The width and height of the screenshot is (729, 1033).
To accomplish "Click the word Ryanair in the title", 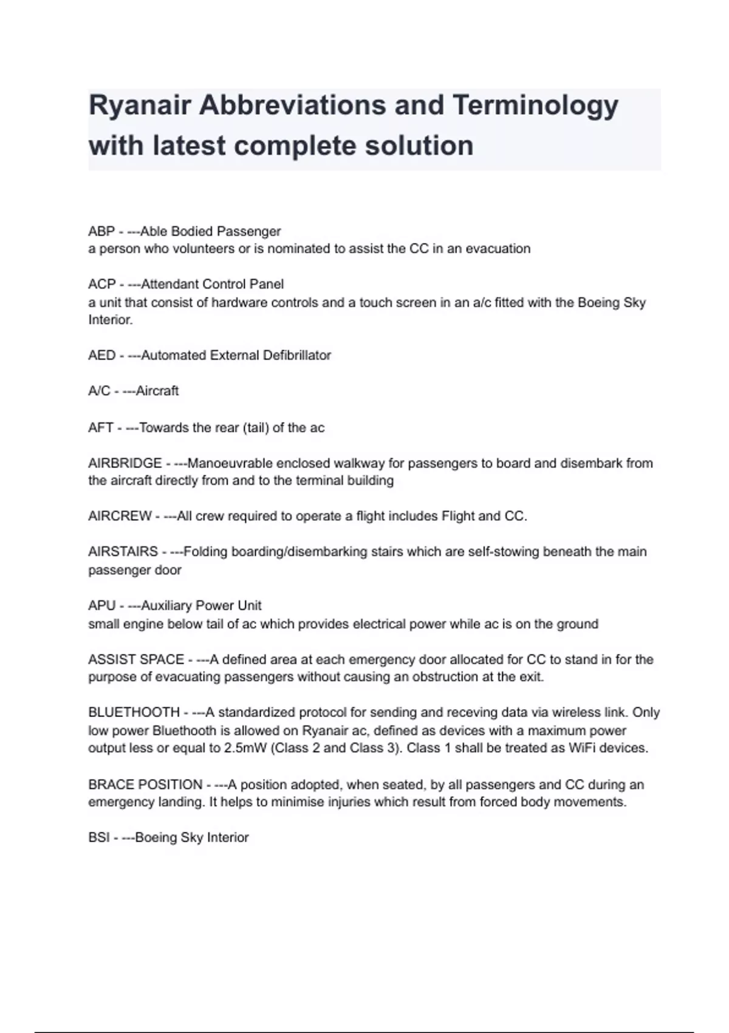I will (x=140, y=106).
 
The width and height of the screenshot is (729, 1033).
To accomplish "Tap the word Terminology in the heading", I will (x=535, y=106).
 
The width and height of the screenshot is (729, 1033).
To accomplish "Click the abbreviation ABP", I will (x=101, y=232).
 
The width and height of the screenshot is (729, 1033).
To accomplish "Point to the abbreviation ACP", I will (x=101, y=284).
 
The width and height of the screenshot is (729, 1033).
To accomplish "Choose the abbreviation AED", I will (x=101, y=355).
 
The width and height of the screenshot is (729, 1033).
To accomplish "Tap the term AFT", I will (x=100, y=428).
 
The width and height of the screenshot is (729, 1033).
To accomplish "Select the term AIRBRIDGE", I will (x=125, y=464).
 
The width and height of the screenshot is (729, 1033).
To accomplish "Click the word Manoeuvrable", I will (x=230, y=464).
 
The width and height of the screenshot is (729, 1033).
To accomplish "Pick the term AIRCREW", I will (x=120, y=516).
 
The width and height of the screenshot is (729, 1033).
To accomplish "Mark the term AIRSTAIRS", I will (x=123, y=552).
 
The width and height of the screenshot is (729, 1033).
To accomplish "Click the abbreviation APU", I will (x=101, y=606).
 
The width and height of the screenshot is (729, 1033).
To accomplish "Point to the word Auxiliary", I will (x=166, y=606).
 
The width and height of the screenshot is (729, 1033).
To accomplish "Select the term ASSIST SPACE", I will (x=136, y=660).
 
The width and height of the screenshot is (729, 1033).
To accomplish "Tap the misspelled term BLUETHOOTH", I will (x=134, y=713).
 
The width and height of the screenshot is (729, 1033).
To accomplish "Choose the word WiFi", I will (x=582, y=748).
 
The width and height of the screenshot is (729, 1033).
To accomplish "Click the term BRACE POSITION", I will (x=145, y=785).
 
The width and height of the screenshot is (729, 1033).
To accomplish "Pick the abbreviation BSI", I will (x=98, y=838).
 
